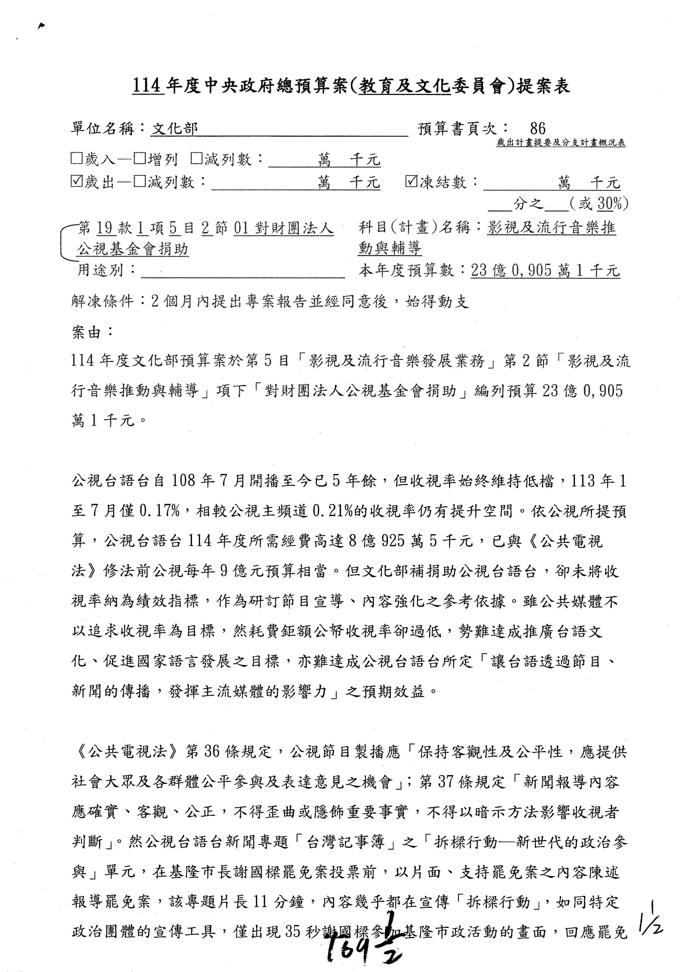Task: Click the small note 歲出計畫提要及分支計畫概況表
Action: point(561,143)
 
